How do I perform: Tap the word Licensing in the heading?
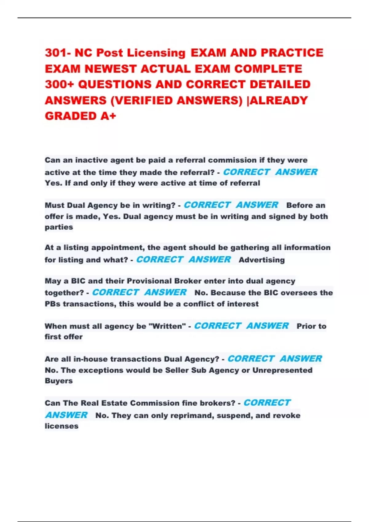[157, 53]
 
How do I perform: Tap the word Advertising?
[262, 260]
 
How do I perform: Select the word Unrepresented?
[282, 370]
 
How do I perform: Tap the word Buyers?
[59, 381]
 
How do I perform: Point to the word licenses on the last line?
[61, 426]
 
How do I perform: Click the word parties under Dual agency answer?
[59, 227]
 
